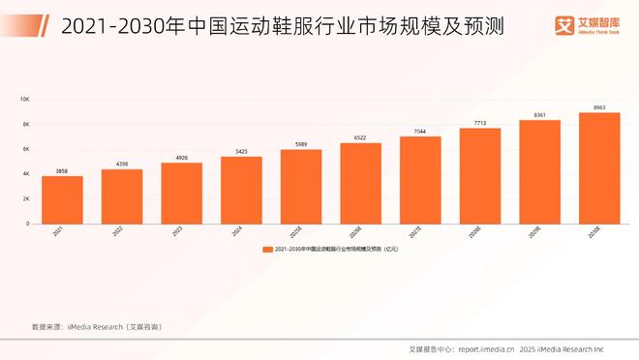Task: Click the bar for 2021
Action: tap(62, 199)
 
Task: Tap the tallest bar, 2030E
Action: tap(599, 167)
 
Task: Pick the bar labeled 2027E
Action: tap(420, 179)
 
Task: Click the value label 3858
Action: tap(62, 170)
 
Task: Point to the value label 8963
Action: tap(599, 106)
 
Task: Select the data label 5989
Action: tap(301, 144)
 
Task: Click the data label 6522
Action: tap(360, 137)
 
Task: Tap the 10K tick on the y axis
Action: tap(25, 100)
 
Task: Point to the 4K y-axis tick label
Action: tap(26, 174)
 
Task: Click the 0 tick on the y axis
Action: tap(28, 224)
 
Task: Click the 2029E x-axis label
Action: tap(539, 233)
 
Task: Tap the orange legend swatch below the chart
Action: tap(267, 250)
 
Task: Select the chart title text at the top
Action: tap(256, 26)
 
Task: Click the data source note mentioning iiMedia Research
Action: tap(97, 327)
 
